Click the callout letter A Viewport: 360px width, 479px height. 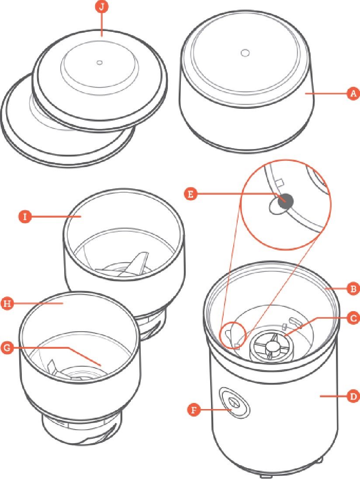(353, 93)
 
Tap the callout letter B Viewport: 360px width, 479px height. (353, 288)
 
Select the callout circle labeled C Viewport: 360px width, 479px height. (353, 318)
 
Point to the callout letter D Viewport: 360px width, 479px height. (353, 396)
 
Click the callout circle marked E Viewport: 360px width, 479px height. (190, 194)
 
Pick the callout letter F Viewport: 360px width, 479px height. (194, 410)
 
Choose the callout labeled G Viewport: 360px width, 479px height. (7, 347)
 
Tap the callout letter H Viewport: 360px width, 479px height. (7, 304)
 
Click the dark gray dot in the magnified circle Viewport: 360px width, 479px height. (285, 201)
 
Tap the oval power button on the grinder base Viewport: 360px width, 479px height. (234, 403)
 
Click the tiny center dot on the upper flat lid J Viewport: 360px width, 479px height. (99, 62)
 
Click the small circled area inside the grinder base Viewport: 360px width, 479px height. (233, 335)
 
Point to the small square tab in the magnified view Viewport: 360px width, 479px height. (280, 182)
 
